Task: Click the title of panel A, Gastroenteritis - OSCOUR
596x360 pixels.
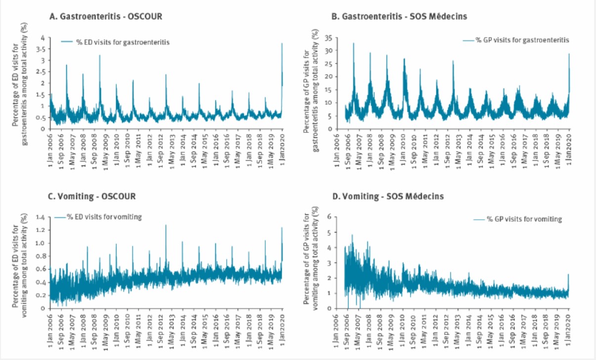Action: (x=106, y=17)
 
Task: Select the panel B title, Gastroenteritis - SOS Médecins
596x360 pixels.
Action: (x=399, y=17)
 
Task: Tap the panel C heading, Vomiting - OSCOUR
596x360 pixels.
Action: (x=92, y=196)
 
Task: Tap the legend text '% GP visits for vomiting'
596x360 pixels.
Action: (x=524, y=219)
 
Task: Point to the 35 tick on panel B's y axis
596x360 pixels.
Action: (x=328, y=38)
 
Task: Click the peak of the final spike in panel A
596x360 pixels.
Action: (x=282, y=43)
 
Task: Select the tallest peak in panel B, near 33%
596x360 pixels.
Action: (x=353, y=43)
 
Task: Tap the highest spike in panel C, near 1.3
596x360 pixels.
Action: (x=166, y=225)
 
